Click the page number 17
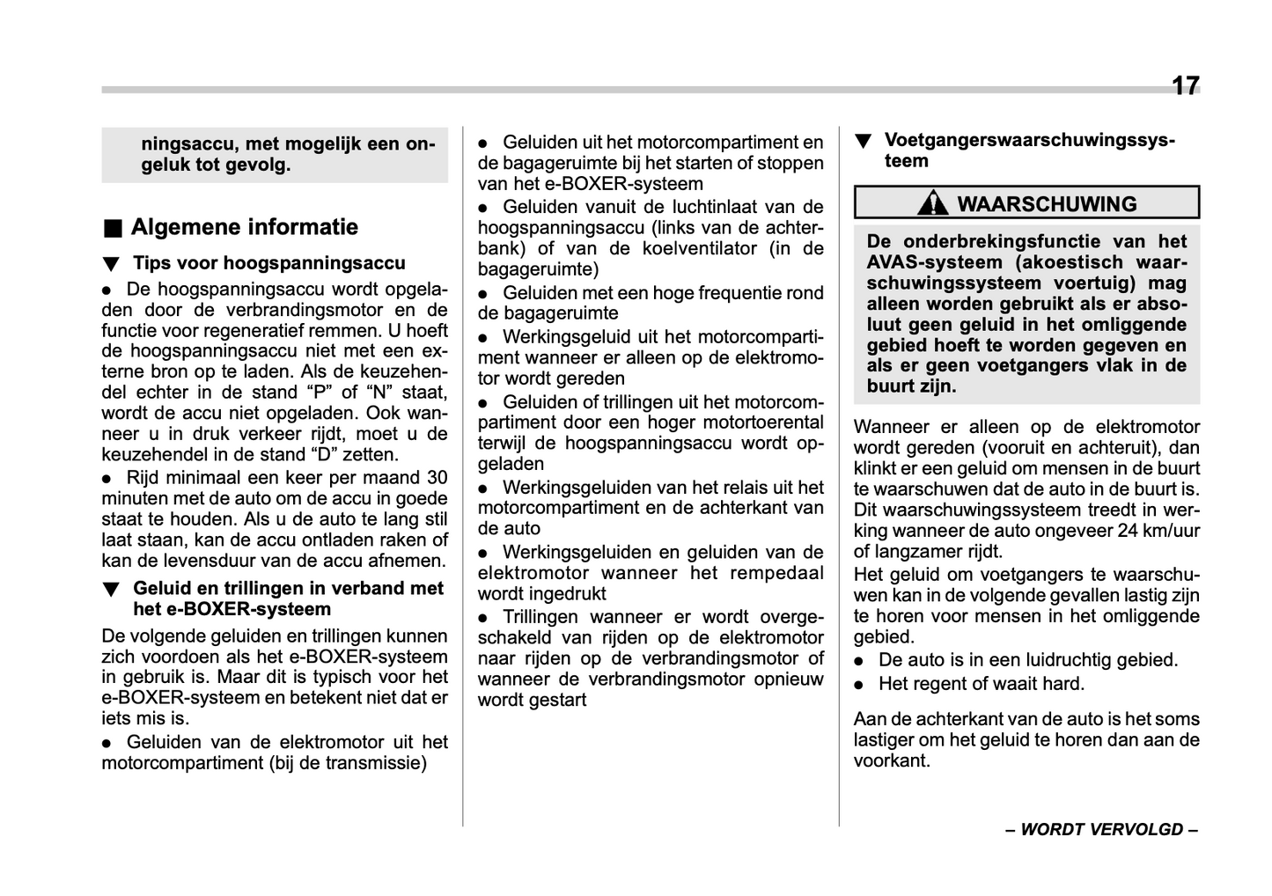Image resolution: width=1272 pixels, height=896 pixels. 1185,85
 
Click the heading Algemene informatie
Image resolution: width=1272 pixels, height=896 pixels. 244,227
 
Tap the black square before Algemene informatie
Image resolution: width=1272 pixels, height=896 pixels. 112,229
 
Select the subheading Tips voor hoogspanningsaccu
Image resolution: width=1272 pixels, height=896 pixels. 268,263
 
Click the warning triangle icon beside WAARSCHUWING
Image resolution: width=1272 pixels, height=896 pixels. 932,203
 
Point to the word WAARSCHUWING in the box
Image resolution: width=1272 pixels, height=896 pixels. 1047,204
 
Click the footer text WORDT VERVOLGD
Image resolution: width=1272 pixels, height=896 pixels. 1101,830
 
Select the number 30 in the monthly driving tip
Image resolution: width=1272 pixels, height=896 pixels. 437,478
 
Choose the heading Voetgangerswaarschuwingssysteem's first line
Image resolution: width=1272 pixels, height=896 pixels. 1028,141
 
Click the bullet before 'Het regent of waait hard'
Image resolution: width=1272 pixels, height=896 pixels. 860,685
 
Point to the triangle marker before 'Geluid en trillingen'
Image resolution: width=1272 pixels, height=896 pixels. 110,590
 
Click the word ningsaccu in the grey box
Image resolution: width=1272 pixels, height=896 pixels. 188,144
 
